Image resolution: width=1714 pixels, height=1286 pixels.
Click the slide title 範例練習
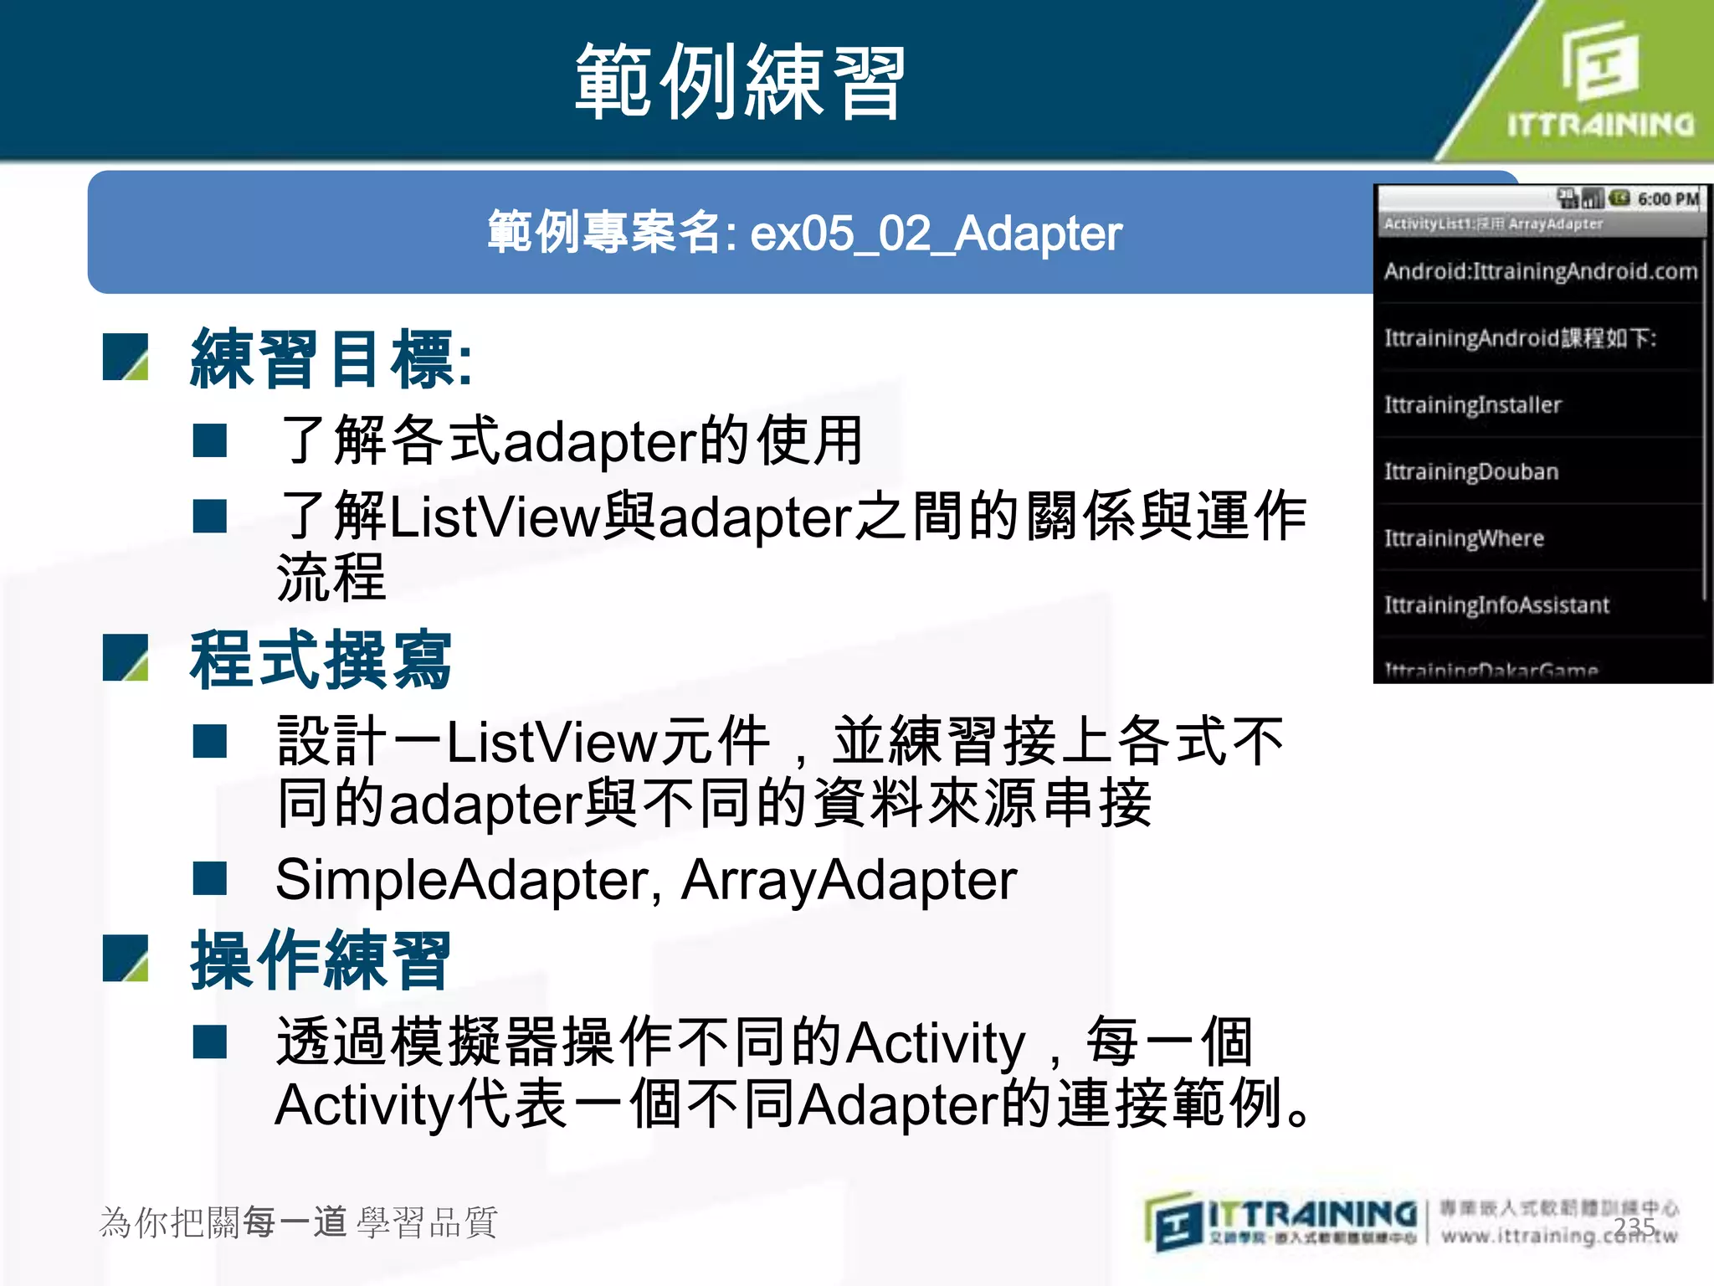click(740, 82)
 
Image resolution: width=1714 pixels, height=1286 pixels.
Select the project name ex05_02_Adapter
click(935, 234)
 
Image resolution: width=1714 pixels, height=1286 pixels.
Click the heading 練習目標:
click(331, 359)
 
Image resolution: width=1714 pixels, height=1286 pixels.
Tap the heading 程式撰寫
click(321, 660)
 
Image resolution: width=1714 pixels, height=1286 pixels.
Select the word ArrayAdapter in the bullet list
click(849, 880)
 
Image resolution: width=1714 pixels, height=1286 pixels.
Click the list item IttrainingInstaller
click(1472, 405)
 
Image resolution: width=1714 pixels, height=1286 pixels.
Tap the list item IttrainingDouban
click(1470, 472)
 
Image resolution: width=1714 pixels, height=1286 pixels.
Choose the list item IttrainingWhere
click(1463, 538)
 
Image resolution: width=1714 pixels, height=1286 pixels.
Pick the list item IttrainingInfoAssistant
click(1496, 605)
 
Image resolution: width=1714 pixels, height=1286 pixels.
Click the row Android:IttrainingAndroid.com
click(1540, 271)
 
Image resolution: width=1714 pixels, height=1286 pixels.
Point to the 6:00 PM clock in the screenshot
click(1667, 199)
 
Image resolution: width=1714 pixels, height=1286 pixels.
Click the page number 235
click(1634, 1227)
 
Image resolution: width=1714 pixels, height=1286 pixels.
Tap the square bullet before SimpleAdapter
click(209, 879)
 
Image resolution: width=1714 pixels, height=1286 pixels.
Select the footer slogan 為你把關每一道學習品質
click(298, 1222)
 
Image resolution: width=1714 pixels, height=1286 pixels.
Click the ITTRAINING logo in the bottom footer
click(1280, 1222)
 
